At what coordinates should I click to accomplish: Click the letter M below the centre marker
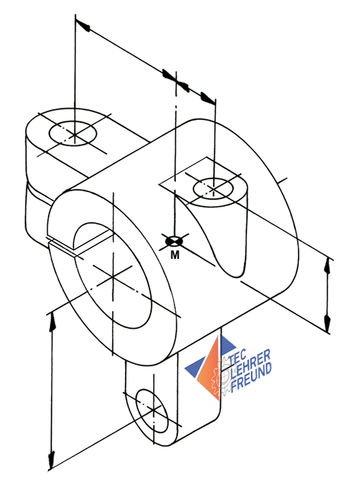click(x=175, y=255)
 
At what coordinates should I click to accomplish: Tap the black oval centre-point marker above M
click(x=174, y=241)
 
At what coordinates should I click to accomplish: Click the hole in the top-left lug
click(x=73, y=133)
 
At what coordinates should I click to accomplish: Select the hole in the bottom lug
click(x=152, y=411)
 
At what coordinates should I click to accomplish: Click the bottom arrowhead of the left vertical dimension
click(x=51, y=461)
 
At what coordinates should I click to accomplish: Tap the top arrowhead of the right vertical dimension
click(x=328, y=267)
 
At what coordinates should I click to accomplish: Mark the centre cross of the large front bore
click(x=112, y=277)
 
